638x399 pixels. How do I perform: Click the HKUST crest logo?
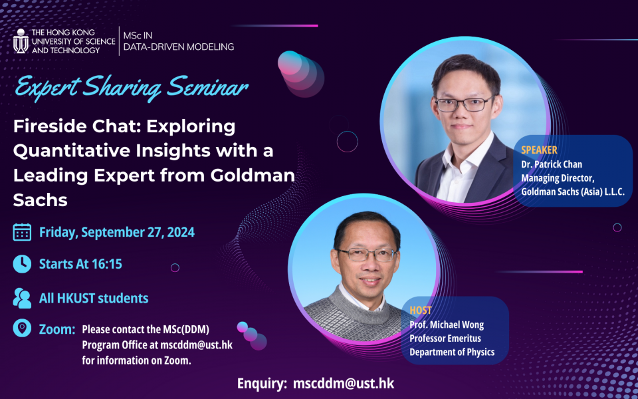coord(21,41)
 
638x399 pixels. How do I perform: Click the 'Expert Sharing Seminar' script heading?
coord(132,87)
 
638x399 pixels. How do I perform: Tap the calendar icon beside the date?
coord(22,232)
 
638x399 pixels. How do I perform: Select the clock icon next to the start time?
coord(22,263)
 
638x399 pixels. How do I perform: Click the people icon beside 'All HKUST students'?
coord(22,298)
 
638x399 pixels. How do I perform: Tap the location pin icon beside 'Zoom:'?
coord(22,329)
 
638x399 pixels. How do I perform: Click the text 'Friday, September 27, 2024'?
coord(117,232)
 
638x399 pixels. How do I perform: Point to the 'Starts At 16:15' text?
coord(80,264)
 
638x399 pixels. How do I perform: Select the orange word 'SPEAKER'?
coord(539,150)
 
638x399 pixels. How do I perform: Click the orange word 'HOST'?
coord(421,311)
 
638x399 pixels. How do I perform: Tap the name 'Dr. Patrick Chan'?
coord(552,164)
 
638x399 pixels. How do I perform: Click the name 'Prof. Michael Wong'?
coord(447,325)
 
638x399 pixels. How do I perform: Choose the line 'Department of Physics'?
coord(452,352)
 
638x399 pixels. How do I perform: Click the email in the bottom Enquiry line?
coord(343,384)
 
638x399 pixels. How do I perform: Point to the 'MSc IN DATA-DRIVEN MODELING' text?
coord(178,41)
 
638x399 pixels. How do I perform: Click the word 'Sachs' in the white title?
coord(41,199)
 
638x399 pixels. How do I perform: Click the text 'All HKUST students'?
coord(94,298)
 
